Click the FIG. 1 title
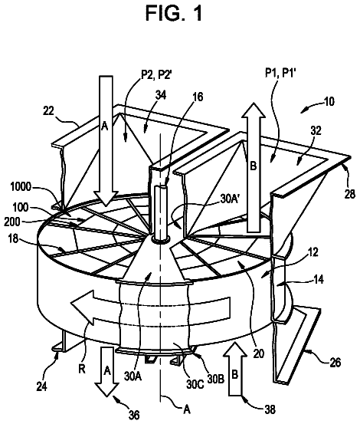point(174,14)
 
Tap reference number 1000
point(21,187)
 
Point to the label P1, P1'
point(280,73)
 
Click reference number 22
point(48,111)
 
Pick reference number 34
point(161,95)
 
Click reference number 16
point(198,97)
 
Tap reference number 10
point(329,101)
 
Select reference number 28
point(350,195)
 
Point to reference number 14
point(319,280)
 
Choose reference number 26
point(335,363)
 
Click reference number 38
point(270,409)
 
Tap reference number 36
point(134,415)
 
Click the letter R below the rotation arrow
point(82,369)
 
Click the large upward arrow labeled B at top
point(254,167)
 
